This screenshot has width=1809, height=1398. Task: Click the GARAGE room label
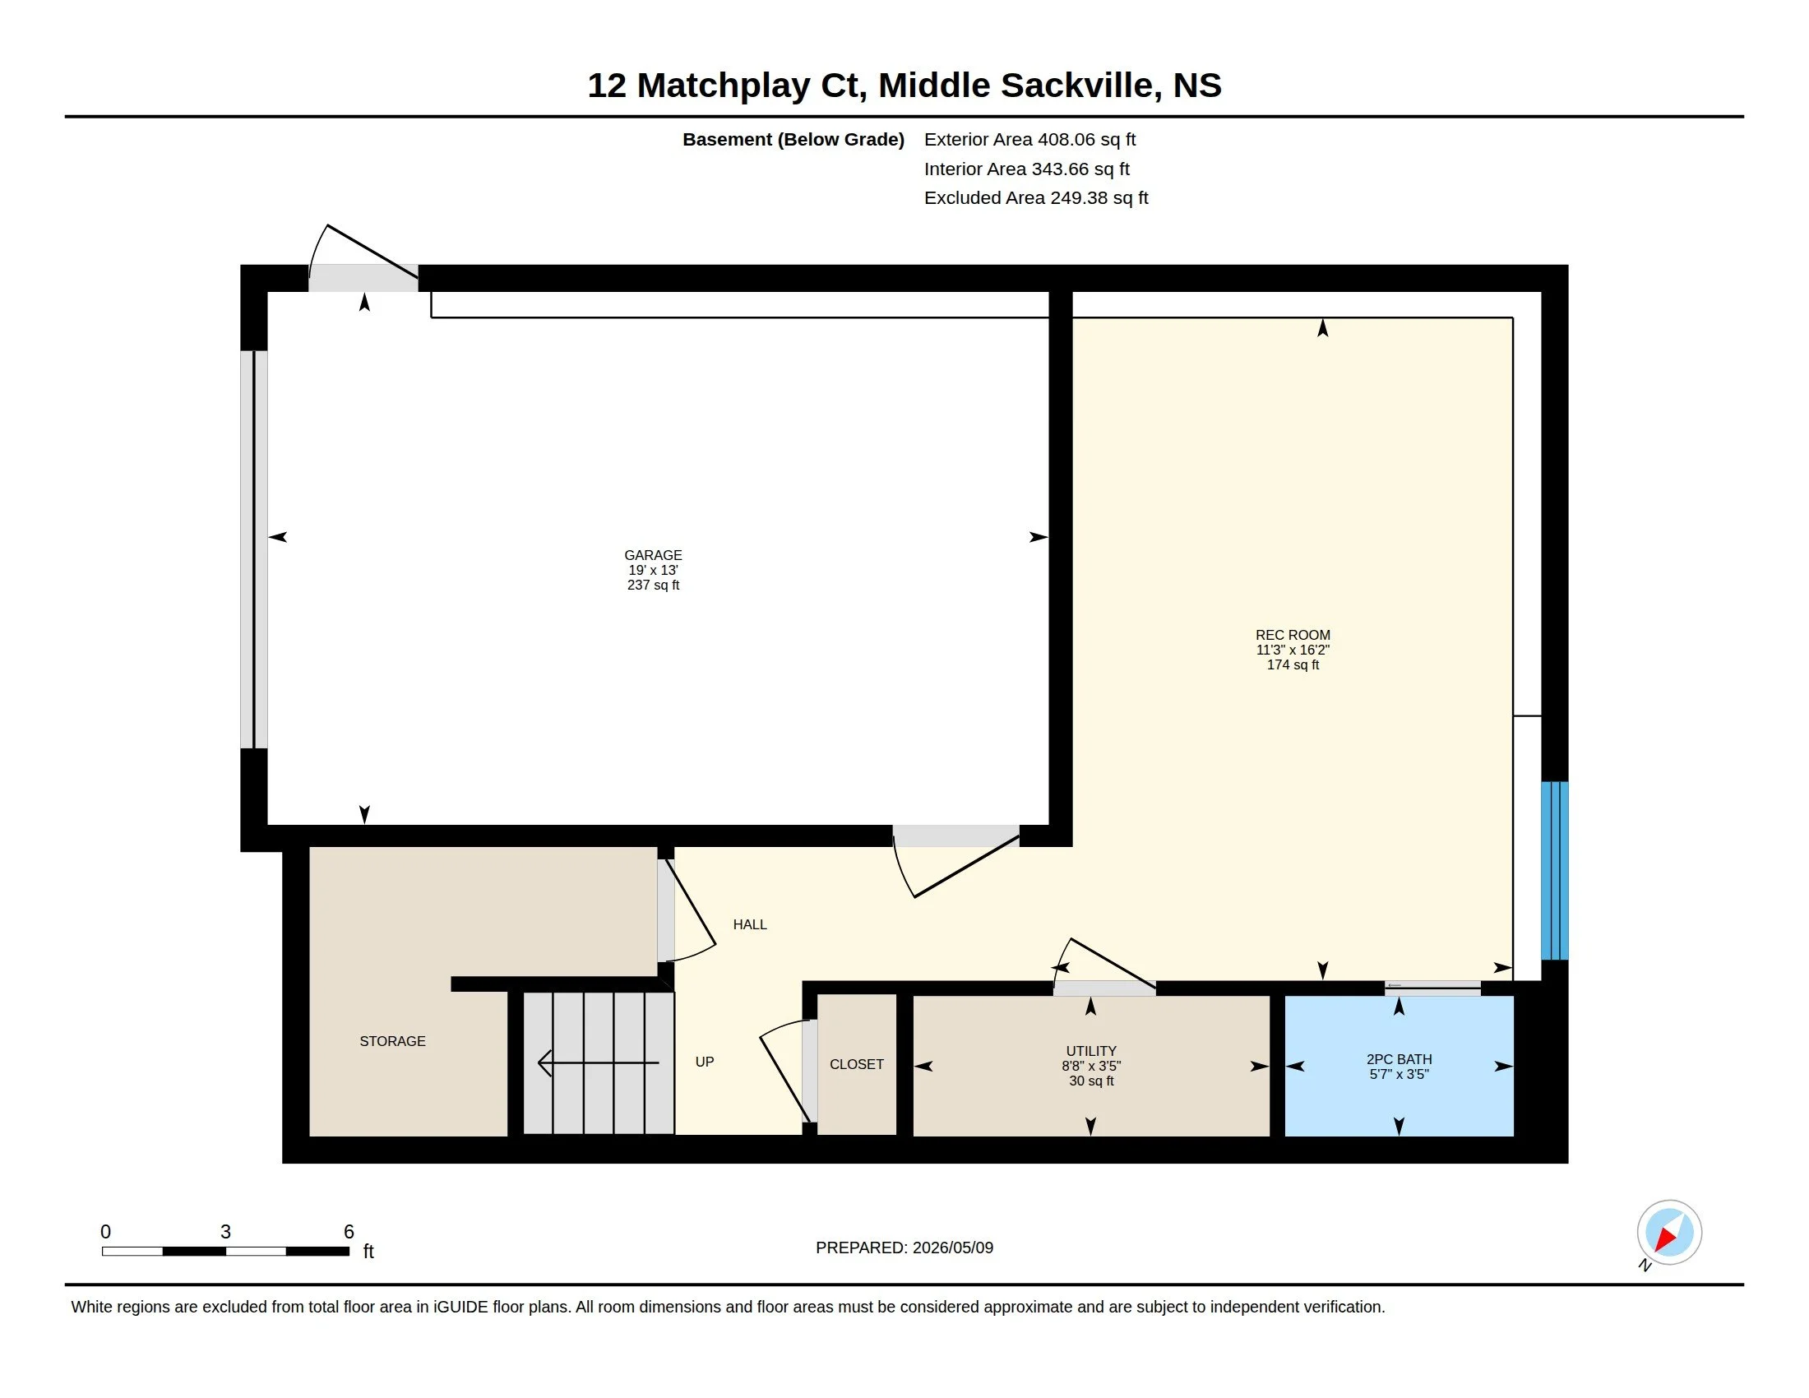(653, 555)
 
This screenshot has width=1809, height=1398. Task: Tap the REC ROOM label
(1292, 635)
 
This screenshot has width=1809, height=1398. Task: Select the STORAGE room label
(392, 1041)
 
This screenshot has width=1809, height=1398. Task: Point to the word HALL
(750, 924)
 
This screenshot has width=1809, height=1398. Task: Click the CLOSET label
(857, 1064)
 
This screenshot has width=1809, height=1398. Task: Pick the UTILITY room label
(1091, 1051)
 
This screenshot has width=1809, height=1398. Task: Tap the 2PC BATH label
(1399, 1059)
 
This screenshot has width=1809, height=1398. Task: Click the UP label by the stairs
(704, 1062)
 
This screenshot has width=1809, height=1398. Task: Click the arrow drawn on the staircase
(598, 1062)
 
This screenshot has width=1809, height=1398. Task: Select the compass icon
(1668, 1233)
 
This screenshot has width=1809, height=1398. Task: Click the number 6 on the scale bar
(349, 1232)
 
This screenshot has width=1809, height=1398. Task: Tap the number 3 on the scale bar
(225, 1232)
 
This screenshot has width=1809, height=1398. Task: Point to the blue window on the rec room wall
(1554, 870)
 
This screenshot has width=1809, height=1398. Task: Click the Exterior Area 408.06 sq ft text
(1029, 140)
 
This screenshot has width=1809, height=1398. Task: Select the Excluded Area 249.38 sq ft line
(1036, 198)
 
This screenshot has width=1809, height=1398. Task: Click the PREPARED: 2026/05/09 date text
(904, 1248)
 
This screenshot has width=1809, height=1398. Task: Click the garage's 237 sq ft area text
(653, 585)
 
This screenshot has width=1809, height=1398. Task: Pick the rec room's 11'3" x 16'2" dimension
(1292, 650)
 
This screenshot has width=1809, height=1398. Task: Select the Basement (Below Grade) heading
(793, 140)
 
